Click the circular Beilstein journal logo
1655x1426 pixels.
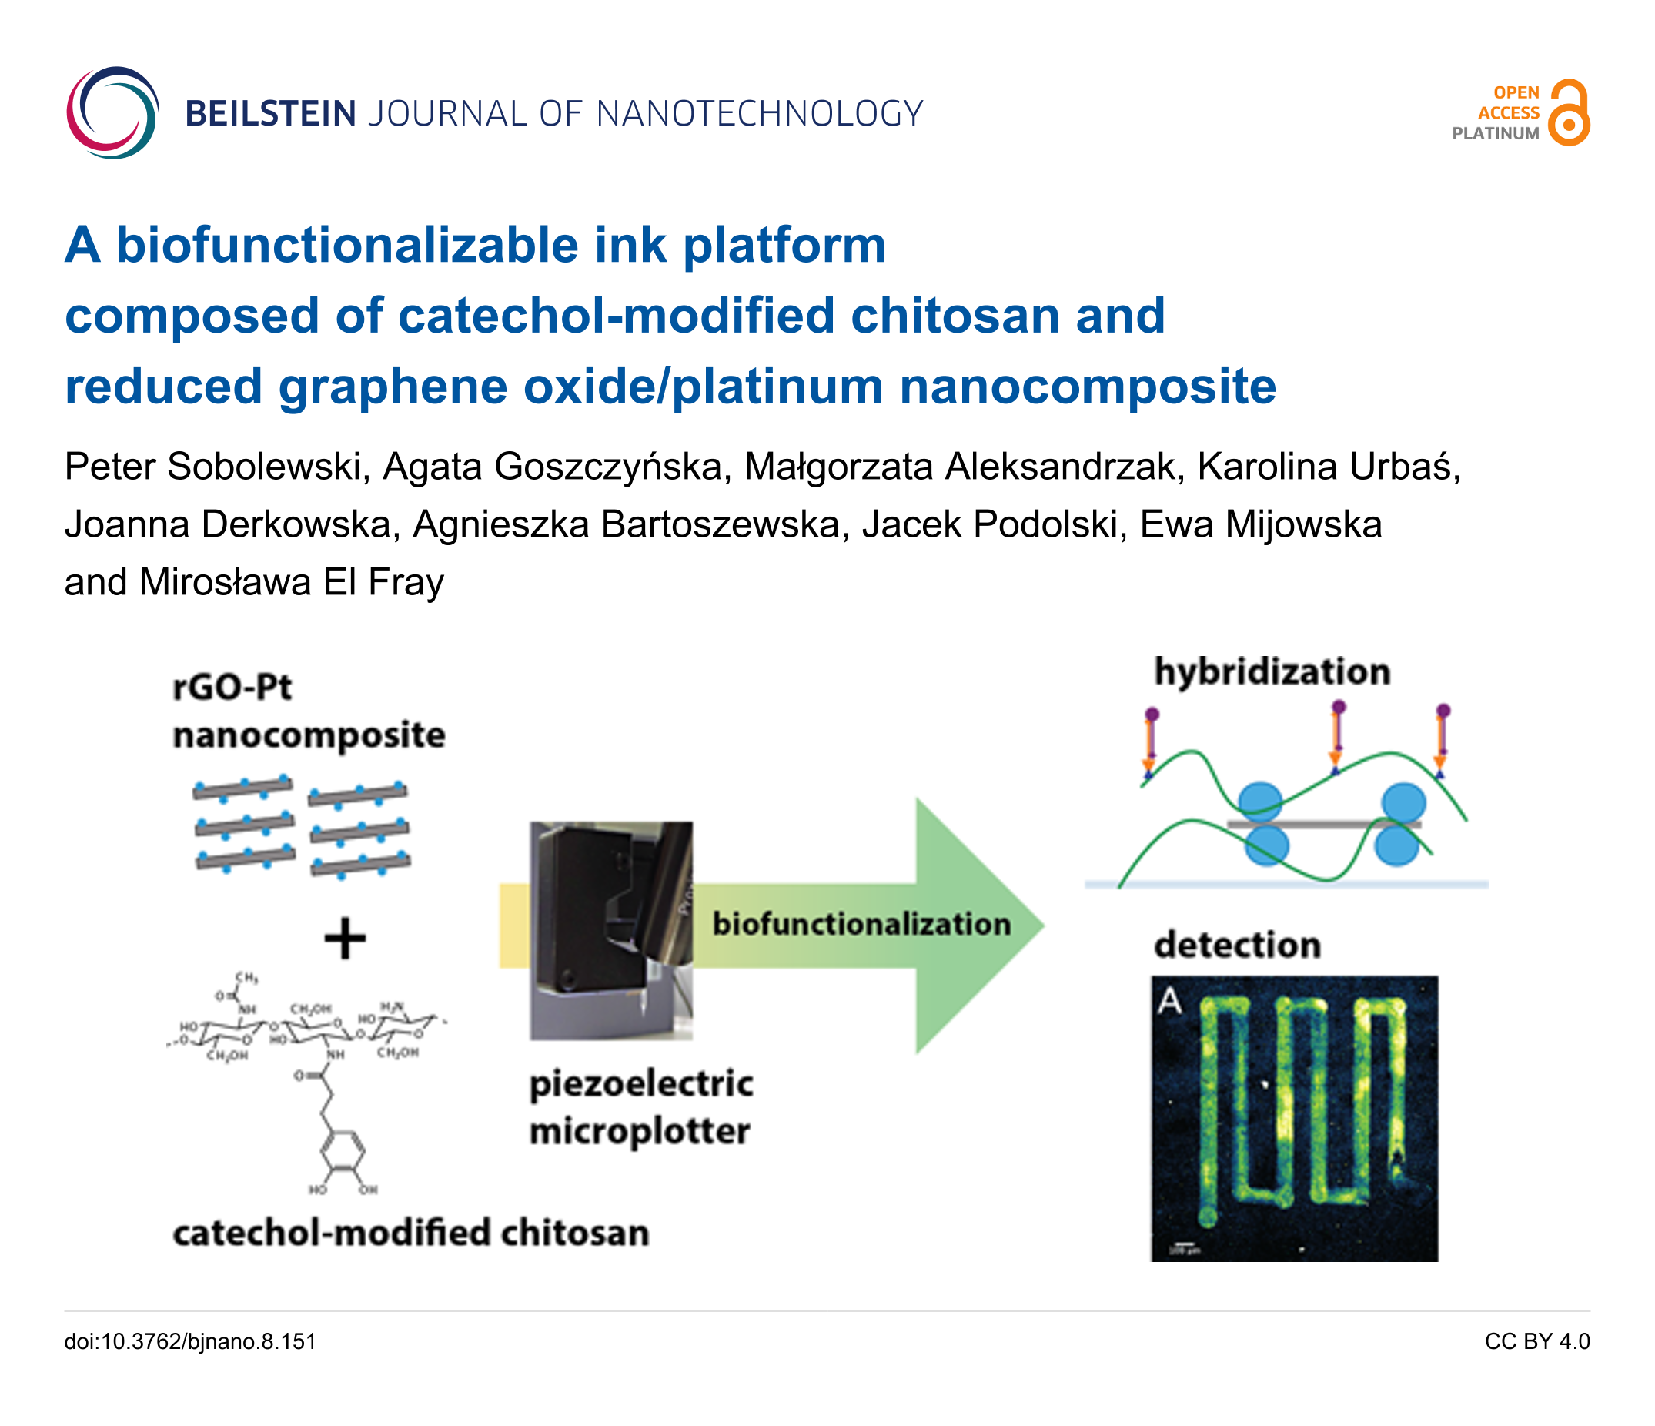112,112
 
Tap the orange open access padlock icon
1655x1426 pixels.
1569,112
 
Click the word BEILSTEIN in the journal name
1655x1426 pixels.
271,114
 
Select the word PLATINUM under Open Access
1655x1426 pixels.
1495,134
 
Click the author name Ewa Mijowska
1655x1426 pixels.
1260,525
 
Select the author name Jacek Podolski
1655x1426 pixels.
994,525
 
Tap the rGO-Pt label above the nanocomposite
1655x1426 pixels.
232,687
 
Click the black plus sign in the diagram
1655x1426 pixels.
345,938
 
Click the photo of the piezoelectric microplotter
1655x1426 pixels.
611,930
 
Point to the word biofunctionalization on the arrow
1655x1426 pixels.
861,924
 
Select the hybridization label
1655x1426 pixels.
1272,671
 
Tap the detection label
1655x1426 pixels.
1237,945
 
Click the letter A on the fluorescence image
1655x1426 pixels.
1169,1000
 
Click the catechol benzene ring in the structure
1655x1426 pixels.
343,1153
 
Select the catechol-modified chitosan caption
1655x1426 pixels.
410,1233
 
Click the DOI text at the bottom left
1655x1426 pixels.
190,1341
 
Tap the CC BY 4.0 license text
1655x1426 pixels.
1536,1341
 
